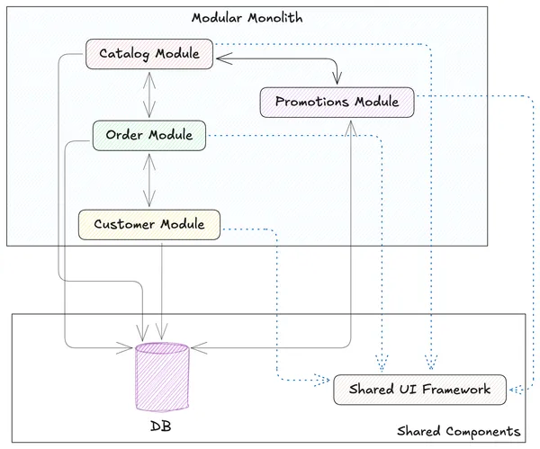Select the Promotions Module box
tap(337, 101)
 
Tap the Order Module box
tap(148, 135)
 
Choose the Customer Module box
tap(148, 224)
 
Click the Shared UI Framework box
tap(420, 389)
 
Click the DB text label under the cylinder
tap(162, 425)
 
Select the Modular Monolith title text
tap(246, 18)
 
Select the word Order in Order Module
tap(124, 135)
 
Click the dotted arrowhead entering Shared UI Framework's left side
tap(326, 381)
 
